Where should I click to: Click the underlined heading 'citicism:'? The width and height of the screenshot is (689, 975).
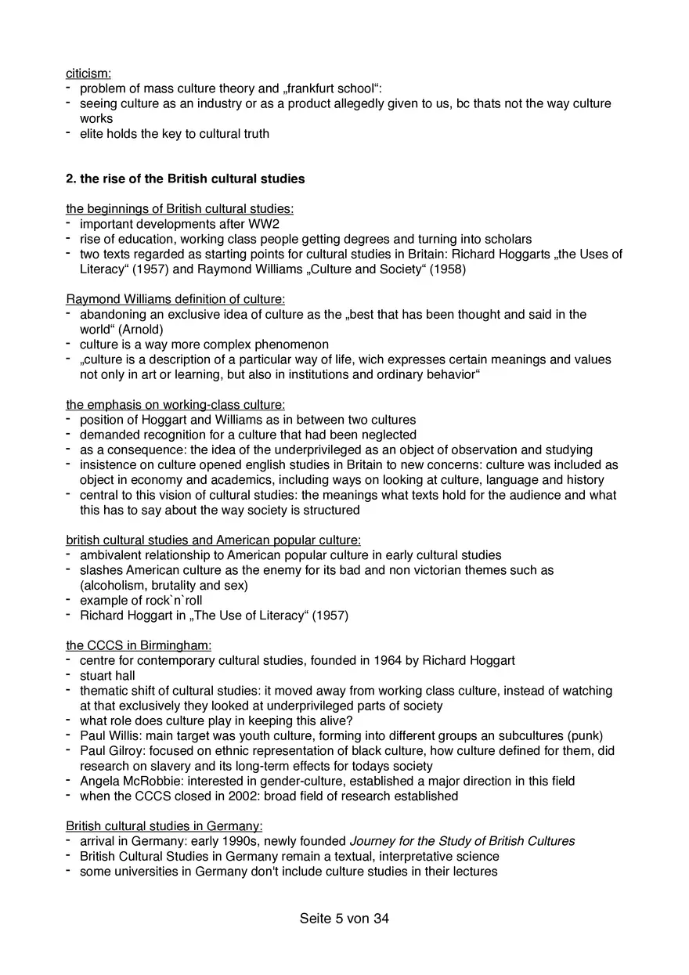[88, 74]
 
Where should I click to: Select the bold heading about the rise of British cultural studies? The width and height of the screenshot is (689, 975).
[185, 179]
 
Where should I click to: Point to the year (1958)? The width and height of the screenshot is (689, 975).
[447, 269]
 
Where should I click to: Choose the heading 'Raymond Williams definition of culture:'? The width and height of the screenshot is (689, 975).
[175, 299]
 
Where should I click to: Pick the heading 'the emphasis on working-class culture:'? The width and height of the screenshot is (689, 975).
[175, 405]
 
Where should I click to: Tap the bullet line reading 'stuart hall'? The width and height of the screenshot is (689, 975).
[107, 676]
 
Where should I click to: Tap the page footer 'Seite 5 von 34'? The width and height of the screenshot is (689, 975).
[344, 919]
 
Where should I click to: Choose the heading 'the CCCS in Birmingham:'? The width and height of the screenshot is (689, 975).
[139, 645]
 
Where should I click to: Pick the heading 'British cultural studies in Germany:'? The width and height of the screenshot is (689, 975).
[164, 826]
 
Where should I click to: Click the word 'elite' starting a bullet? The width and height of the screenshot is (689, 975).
[93, 134]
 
